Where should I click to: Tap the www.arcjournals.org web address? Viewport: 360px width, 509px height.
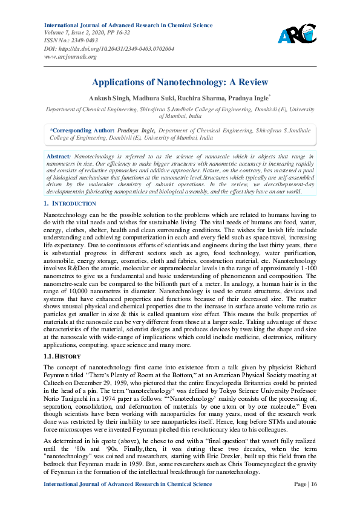pos(71,56)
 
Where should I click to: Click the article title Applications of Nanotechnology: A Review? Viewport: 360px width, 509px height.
pos(180,82)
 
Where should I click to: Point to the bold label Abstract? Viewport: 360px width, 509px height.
pos(59,156)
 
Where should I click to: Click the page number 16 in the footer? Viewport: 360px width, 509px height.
pos(308,501)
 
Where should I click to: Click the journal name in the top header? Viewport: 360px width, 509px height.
pos(128,25)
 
